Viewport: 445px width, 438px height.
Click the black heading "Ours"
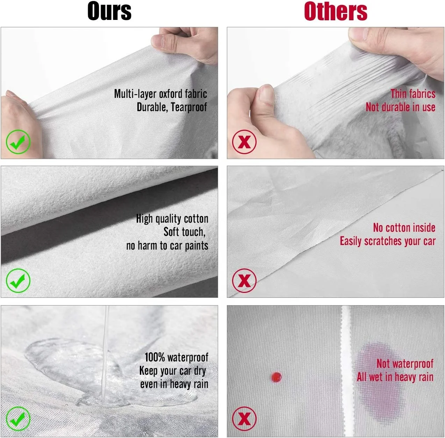click(x=109, y=11)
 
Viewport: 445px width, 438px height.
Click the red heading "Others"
click(x=336, y=11)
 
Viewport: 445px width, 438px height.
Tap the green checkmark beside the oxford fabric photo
click(x=18, y=142)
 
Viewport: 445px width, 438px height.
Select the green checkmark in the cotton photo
click(x=18, y=281)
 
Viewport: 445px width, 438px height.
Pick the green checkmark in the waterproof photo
click(x=18, y=418)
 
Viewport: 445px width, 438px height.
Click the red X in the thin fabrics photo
click(x=244, y=142)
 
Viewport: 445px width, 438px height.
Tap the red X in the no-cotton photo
click(x=244, y=281)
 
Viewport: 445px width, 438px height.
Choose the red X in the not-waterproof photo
click(x=244, y=418)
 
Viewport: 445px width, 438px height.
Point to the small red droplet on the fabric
click(x=276, y=377)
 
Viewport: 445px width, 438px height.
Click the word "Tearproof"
click(x=189, y=107)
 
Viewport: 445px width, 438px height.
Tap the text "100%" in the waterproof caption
click(x=155, y=357)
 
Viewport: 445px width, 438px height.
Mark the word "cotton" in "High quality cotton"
click(x=196, y=219)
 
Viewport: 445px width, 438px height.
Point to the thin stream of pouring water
click(x=106, y=353)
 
